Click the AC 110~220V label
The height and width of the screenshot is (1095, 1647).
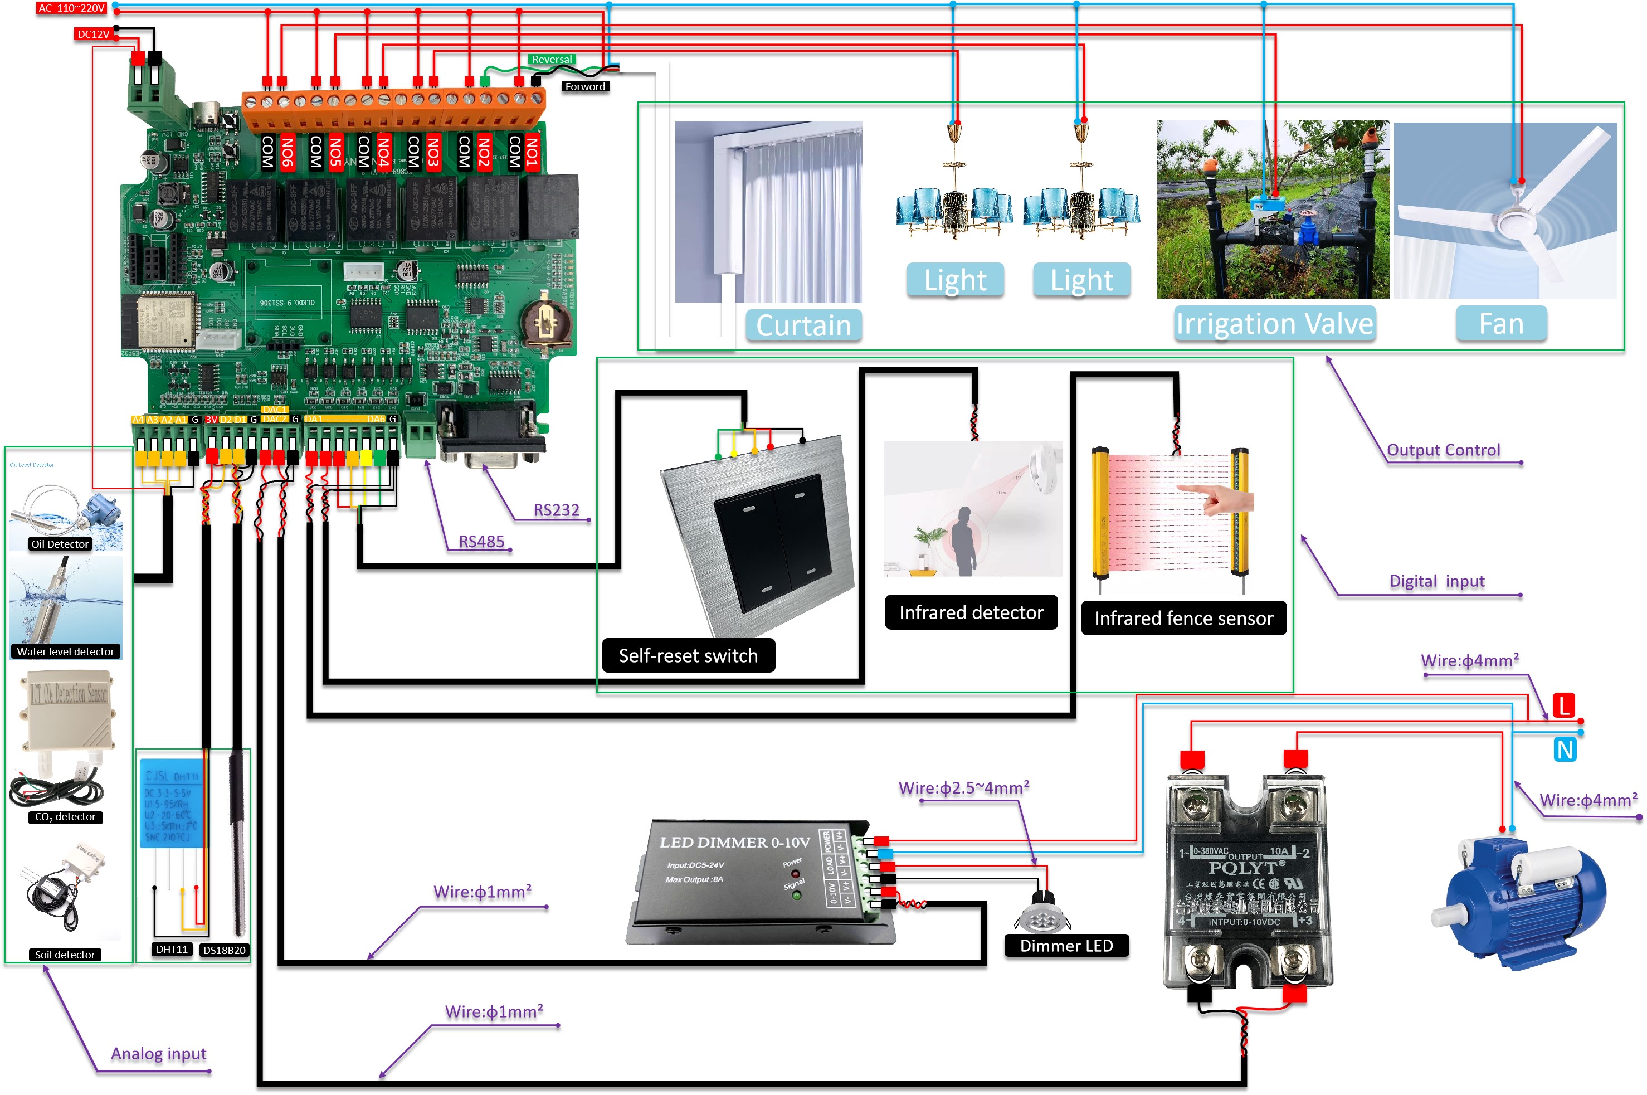tap(71, 8)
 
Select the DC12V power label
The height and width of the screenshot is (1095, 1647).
tap(93, 34)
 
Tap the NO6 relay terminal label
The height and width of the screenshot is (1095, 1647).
tap(287, 152)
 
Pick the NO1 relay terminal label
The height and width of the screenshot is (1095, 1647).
tap(532, 152)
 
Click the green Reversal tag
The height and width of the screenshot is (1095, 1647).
tap(552, 60)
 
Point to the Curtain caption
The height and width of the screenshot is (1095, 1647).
tap(803, 325)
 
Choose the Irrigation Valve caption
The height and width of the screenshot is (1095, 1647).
tap(1274, 323)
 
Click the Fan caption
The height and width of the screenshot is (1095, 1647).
tap(1501, 324)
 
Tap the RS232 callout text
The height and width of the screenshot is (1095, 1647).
tap(557, 510)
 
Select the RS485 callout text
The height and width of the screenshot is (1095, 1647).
tap(481, 542)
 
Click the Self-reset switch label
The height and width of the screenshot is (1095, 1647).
tap(688, 656)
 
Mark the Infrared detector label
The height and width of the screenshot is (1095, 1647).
tap(971, 612)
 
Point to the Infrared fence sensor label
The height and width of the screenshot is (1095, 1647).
tap(1183, 619)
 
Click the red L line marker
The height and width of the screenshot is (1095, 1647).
tap(1564, 705)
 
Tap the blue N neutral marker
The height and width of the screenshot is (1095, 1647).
tap(1565, 750)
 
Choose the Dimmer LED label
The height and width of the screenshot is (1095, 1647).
tap(1066, 946)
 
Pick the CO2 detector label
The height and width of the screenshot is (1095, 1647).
tap(65, 817)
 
